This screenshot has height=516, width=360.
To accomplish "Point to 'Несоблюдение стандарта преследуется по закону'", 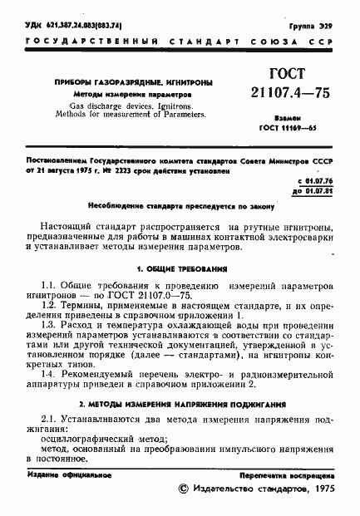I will pyautogui.click(x=179, y=204).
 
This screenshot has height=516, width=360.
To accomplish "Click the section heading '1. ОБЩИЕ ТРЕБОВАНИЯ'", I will pyautogui.click(x=180, y=269).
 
